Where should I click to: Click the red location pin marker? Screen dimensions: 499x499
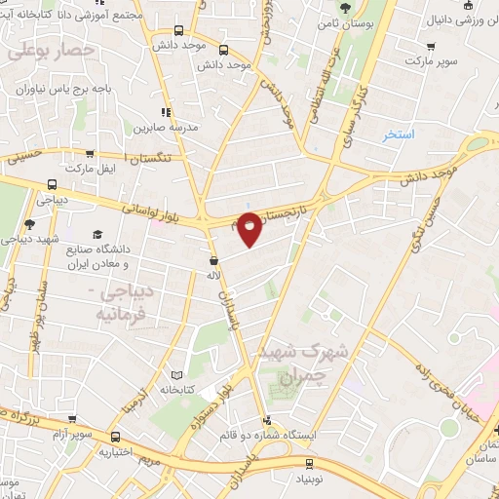coord(250,229)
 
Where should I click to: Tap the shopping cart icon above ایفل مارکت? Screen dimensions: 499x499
coord(91,153)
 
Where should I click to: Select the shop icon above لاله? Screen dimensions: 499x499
coord(213,260)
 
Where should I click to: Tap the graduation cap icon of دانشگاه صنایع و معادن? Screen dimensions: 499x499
coord(97,235)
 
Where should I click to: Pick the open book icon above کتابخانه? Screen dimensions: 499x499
coord(176,375)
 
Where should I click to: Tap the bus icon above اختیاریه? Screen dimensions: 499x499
coord(116,437)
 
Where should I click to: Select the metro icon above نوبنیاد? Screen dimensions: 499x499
coord(310,464)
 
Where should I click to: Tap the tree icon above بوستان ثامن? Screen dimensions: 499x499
coord(344,9)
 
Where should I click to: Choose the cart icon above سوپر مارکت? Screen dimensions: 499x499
coord(430,46)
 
